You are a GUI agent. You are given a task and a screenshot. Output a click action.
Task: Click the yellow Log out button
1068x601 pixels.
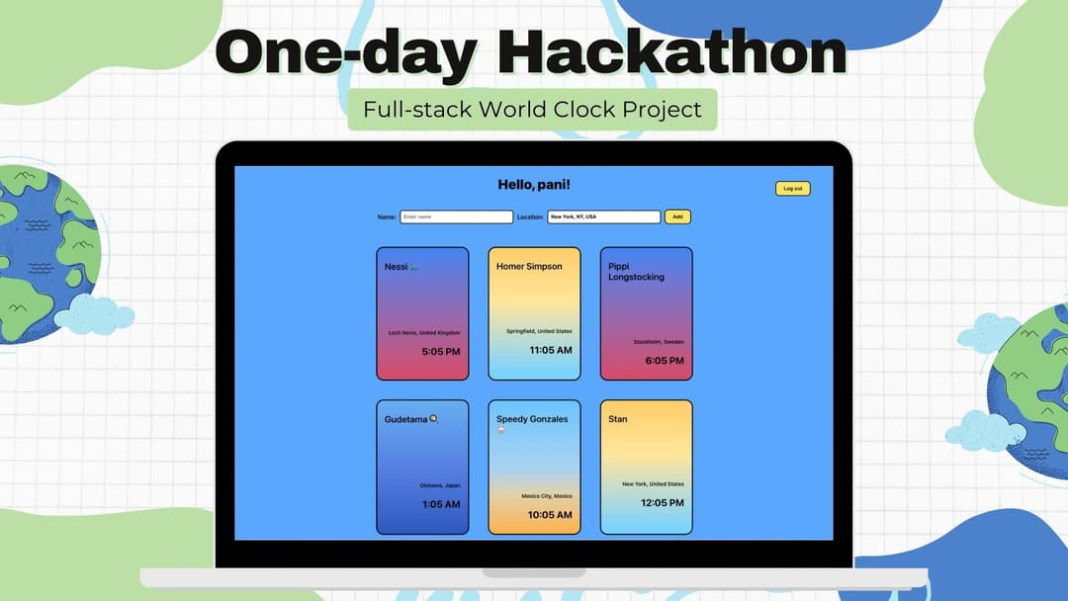tap(792, 188)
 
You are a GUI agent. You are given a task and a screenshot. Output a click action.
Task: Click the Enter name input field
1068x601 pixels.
tap(456, 216)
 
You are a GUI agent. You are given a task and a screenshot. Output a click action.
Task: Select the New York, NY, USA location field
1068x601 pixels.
tap(603, 216)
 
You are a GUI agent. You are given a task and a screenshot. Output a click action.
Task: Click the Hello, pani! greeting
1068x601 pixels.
tap(534, 185)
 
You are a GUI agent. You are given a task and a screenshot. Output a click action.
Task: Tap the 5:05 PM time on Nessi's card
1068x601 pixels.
tap(441, 352)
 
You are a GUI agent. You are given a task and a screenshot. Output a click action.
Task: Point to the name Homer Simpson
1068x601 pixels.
tap(529, 266)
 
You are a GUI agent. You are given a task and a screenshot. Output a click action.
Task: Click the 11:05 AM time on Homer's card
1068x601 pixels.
tap(551, 350)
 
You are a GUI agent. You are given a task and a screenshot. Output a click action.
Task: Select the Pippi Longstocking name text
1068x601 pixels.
tap(636, 272)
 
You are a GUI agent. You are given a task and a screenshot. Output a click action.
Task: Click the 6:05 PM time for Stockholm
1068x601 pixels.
tap(665, 361)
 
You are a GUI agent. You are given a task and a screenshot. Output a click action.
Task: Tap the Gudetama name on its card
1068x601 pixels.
tap(406, 419)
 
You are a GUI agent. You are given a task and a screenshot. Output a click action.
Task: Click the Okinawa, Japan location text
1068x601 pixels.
tap(439, 486)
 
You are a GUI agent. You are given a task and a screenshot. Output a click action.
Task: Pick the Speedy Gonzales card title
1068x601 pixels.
tap(532, 419)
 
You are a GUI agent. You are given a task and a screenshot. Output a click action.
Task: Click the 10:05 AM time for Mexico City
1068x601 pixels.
tap(551, 515)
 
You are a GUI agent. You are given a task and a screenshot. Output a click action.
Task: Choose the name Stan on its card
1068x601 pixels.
tap(618, 419)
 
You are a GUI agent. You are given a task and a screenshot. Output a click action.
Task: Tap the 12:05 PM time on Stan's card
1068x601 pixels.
tap(663, 503)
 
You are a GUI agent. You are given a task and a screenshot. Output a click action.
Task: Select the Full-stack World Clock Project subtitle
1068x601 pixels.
tap(532, 109)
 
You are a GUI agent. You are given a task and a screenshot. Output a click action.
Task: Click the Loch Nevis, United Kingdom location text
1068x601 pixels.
tap(423, 333)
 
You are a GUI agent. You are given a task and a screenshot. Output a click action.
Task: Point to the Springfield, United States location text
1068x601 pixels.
tap(539, 332)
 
